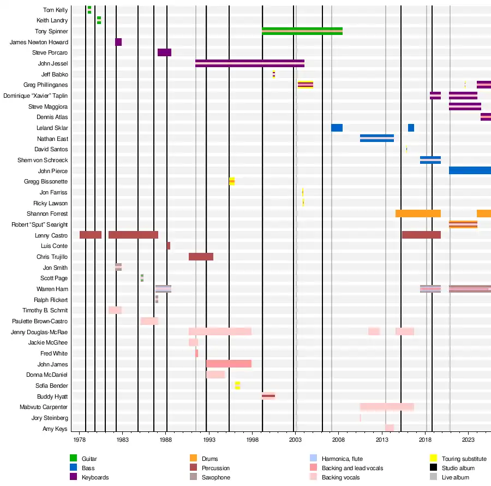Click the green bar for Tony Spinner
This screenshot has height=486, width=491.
[302, 31]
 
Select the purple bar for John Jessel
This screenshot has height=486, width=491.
[249, 63]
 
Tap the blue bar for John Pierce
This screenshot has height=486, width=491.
[470, 170]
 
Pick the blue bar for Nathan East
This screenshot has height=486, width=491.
[376, 138]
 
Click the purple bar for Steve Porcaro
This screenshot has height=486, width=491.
[164, 52]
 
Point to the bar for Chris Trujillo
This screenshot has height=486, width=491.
[201, 257]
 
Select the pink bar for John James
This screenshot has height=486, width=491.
[229, 364]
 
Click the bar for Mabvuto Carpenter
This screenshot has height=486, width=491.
[387, 407]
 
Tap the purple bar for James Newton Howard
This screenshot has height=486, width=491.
[118, 42]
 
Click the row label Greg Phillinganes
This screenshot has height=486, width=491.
[45, 85]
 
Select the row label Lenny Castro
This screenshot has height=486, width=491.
[51, 235]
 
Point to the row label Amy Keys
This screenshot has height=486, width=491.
[55, 429]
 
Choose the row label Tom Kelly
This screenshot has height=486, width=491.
[55, 10]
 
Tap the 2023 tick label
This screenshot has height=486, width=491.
[468, 439]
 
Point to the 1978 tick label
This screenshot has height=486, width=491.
[80, 439]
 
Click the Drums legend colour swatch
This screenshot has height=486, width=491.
[193, 459]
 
